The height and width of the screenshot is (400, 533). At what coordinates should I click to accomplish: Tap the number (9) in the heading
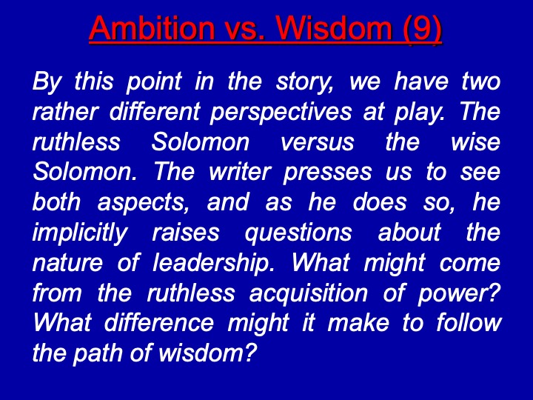tap(422, 29)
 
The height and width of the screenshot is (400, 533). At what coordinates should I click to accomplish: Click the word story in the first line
tap(305, 82)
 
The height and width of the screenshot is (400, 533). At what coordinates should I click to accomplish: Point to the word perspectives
tap(281, 113)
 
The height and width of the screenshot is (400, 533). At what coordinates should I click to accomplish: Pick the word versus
tap(318, 141)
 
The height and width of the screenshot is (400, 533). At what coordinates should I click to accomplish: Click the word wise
tap(475, 141)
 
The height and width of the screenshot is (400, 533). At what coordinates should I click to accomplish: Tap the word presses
tap(327, 173)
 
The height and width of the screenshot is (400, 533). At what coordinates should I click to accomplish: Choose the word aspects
tap(143, 203)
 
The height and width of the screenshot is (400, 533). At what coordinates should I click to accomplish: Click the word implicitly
tap(80, 233)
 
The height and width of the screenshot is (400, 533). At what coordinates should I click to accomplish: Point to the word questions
tap(298, 233)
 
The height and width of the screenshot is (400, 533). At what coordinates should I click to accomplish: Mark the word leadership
tap(213, 264)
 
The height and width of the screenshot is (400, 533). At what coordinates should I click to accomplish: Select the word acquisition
tap(308, 294)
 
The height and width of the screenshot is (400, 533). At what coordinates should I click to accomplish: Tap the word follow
tap(469, 323)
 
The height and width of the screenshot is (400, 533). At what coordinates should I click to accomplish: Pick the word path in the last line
tap(98, 354)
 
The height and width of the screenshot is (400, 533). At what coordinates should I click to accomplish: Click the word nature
tap(67, 264)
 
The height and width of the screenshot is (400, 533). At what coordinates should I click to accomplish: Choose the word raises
tap(186, 233)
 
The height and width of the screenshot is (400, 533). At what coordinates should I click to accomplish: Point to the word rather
tap(65, 112)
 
